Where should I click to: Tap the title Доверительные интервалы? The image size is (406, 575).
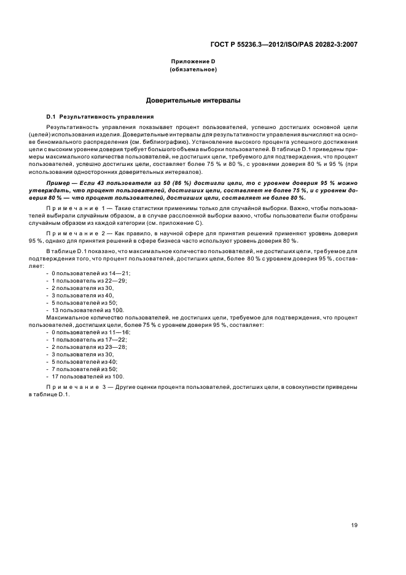coord(192,100)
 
